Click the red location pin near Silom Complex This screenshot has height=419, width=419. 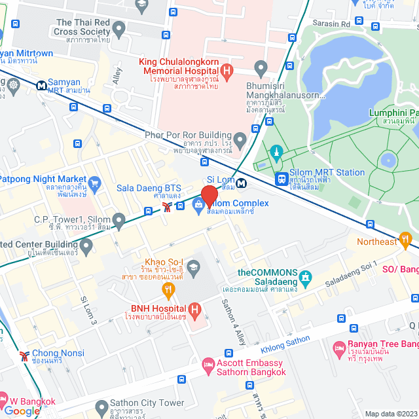tap(209, 196)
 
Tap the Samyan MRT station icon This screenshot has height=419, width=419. tap(41, 84)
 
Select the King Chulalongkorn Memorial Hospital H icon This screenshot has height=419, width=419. tap(227, 70)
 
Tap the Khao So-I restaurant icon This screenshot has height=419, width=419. tap(169, 289)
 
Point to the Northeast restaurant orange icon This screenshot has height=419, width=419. tap(406, 238)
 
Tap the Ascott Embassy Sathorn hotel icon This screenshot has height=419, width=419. tap(208, 363)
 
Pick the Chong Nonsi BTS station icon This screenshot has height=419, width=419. tap(24, 356)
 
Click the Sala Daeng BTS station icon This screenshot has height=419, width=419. tap(168, 207)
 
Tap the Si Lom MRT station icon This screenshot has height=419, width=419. tap(242, 183)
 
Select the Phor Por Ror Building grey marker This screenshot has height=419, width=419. tap(240, 139)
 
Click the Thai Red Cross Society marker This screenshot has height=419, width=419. tap(118, 28)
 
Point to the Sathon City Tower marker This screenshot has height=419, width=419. tap(101, 408)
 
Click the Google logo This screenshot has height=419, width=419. tap(22, 411)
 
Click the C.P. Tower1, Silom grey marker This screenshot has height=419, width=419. tap(118, 219)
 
